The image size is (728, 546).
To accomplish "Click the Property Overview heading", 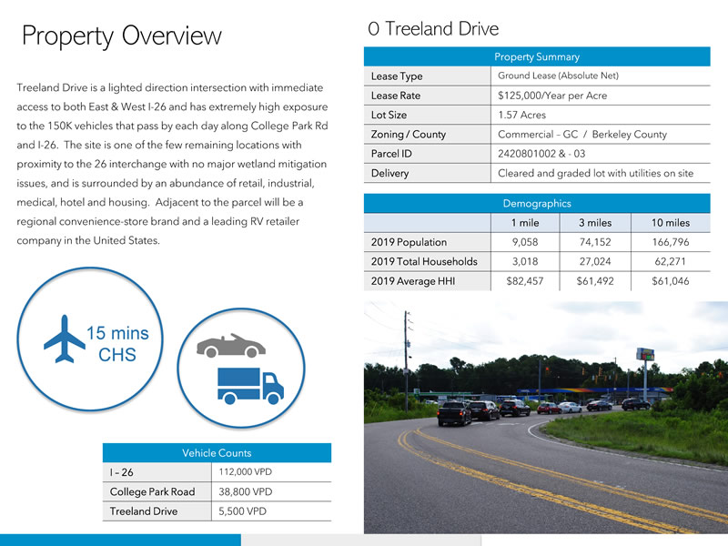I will pyautogui.click(x=121, y=36).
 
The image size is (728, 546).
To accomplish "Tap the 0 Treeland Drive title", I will pyautogui.click(x=433, y=28).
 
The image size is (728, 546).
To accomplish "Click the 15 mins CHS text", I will pyautogui.click(x=117, y=344).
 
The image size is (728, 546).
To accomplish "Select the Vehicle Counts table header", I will pyautogui.click(x=217, y=452).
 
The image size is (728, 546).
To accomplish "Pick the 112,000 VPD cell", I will pyautogui.click(x=245, y=472).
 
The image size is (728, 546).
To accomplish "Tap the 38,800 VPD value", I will pyautogui.click(x=246, y=492).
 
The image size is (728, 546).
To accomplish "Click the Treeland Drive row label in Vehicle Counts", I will pyautogui.click(x=144, y=511).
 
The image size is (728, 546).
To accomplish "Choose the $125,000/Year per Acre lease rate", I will pyautogui.click(x=552, y=96).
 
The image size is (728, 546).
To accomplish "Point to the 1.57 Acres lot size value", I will pyautogui.click(x=522, y=116).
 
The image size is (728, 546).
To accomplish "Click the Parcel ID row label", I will pyautogui.click(x=390, y=154).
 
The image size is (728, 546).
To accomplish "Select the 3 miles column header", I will pyautogui.click(x=594, y=223).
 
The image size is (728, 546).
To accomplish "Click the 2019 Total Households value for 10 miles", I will pyautogui.click(x=670, y=262).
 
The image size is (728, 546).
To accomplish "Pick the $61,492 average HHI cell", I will pyautogui.click(x=594, y=281).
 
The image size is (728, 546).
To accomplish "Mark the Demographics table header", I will pyautogui.click(x=536, y=204).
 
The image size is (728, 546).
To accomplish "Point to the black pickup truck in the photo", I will pyautogui.click(x=454, y=414).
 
